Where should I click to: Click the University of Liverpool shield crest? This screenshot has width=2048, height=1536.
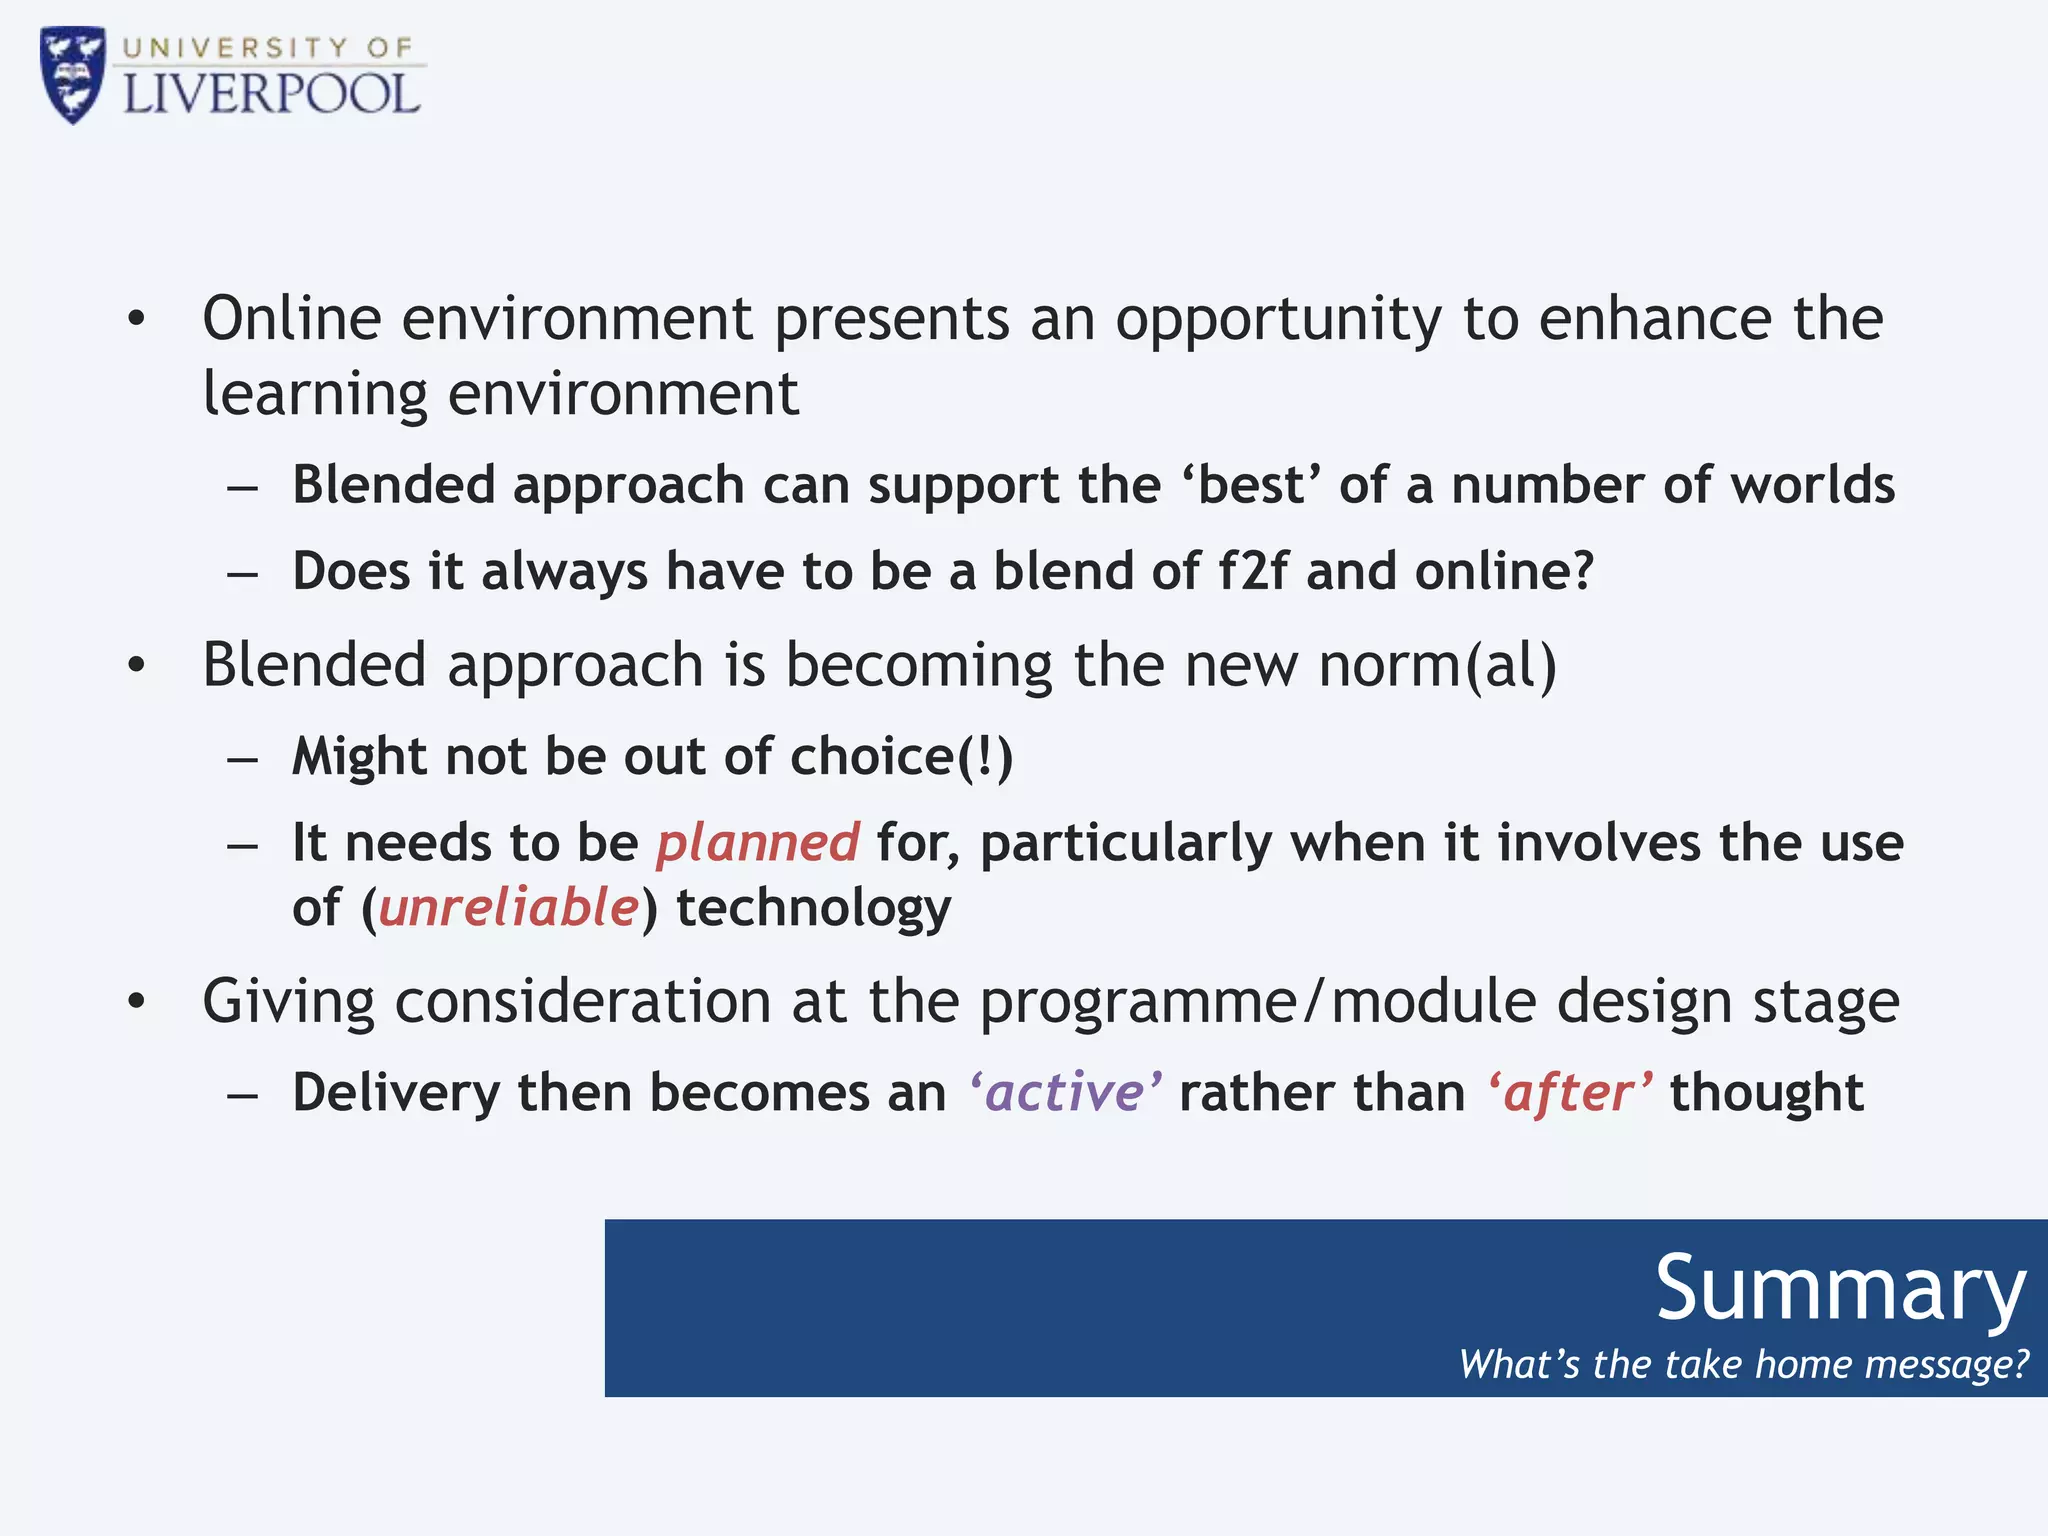click(x=72, y=74)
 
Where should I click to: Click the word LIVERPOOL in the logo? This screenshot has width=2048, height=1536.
click(x=271, y=95)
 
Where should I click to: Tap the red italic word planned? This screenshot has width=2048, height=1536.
click(x=758, y=842)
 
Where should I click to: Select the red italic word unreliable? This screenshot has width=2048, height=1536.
click(x=508, y=908)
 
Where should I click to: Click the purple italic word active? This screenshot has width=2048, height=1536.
click(x=1065, y=1092)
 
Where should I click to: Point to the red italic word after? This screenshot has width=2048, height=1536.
click(x=1569, y=1092)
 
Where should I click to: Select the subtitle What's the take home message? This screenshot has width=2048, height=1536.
click(x=1743, y=1364)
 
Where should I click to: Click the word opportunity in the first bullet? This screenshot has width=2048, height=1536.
click(x=1278, y=320)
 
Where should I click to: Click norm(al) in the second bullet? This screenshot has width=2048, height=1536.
click(x=1437, y=666)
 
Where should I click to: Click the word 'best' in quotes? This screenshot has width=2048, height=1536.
click(x=1252, y=485)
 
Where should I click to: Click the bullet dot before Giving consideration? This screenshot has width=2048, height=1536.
click(x=137, y=1000)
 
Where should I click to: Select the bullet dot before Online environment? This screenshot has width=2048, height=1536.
click(x=137, y=320)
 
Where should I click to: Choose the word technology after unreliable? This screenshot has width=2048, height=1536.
click(x=813, y=908)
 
